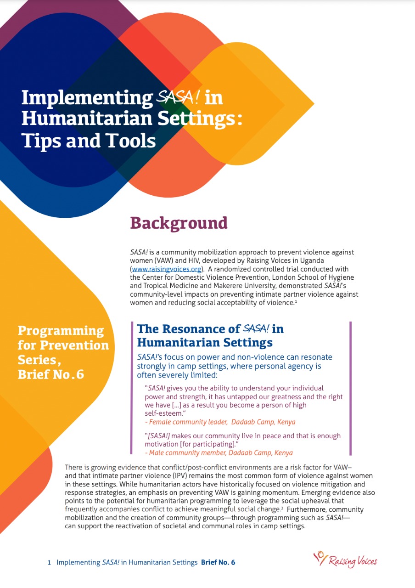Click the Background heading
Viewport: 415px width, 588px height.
(179, 223)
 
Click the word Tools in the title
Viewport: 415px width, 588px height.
(128, 141)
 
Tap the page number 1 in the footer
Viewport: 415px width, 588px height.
(49, 562)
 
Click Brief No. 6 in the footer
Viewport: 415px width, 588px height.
(218, 562)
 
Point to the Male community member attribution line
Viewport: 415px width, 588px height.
(219, 452)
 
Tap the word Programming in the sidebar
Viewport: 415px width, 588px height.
(61, 331)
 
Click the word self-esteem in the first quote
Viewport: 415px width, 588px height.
(165, 413)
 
